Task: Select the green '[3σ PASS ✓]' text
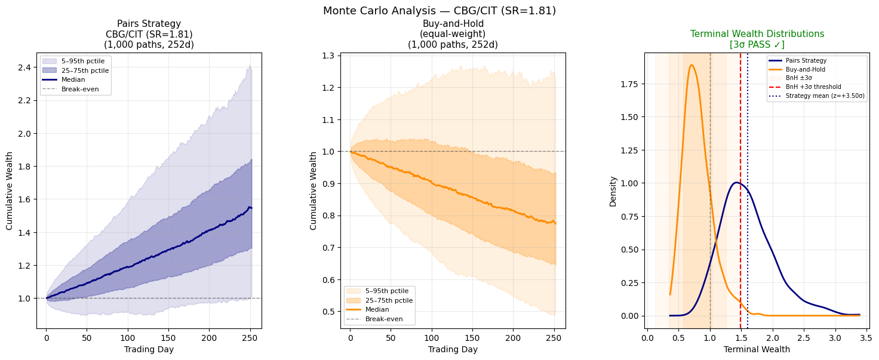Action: [x=757, y=45]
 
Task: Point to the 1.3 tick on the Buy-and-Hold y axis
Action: [x=327, y=56]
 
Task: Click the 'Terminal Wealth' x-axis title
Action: [x=757, y=349]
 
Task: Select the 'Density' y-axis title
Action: [x=613, y=190]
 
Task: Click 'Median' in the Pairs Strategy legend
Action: [x=73, y=79]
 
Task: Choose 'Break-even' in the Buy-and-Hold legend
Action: [x=384, y=319]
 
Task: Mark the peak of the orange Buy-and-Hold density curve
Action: [x=691, y=65]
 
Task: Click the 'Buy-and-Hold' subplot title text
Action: [x=453, y=24]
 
